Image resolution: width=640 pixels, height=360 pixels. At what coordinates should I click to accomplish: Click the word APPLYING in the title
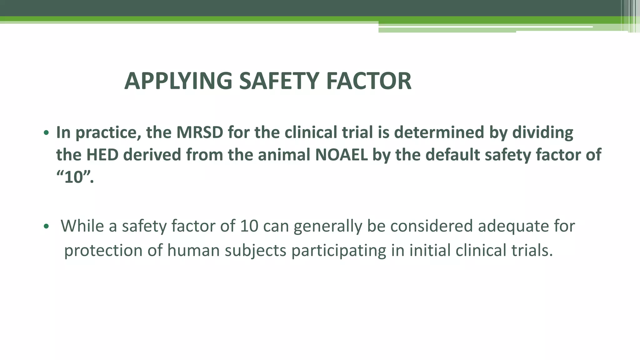point(178,81)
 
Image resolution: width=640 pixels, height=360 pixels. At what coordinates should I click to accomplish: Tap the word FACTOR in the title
point(369,81)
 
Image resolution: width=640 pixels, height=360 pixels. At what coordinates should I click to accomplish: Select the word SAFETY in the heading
point(279,81)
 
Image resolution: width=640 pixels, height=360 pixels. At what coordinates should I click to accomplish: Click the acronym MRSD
point(200,132)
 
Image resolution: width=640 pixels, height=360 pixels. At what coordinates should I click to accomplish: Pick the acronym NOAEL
point(341,155)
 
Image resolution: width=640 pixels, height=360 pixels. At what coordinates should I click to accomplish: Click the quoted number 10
point(74,177)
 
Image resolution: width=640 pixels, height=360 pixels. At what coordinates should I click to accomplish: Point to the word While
point(82,226)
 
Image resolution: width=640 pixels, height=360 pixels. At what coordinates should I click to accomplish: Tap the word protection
point(103,251)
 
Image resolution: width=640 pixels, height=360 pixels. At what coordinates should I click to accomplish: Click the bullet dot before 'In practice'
point(46,133)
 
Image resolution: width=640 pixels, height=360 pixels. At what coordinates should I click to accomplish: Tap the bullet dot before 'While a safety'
point(46,226)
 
